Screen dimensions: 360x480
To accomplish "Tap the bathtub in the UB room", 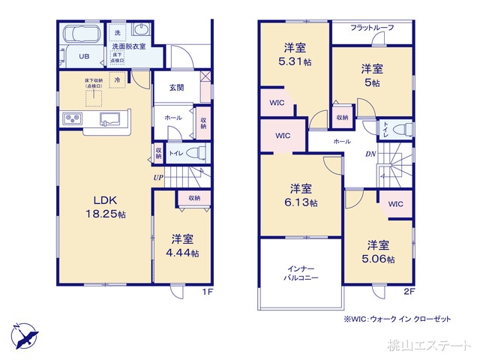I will click(x=82, y=35).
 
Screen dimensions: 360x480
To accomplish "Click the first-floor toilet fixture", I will click(x=196, y=152).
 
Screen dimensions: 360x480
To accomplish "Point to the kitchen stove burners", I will click(x=70, y=118).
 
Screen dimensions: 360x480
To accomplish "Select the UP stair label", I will click(x=158, y=178).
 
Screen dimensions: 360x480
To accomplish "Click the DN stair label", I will click(x=370, y=154).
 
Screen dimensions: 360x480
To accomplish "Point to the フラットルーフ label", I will click(x=373, y=28).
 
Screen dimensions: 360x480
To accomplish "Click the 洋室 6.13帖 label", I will click(x=304, y=195).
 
